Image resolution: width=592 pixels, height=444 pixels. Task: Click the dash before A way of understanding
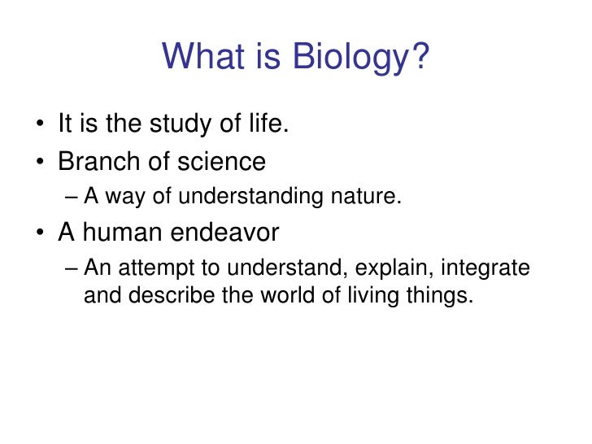click(x=71, y=197)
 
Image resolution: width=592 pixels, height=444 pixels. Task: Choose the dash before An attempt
click(x=71, y=268)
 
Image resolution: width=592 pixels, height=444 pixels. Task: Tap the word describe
click(x=169, y=295)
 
